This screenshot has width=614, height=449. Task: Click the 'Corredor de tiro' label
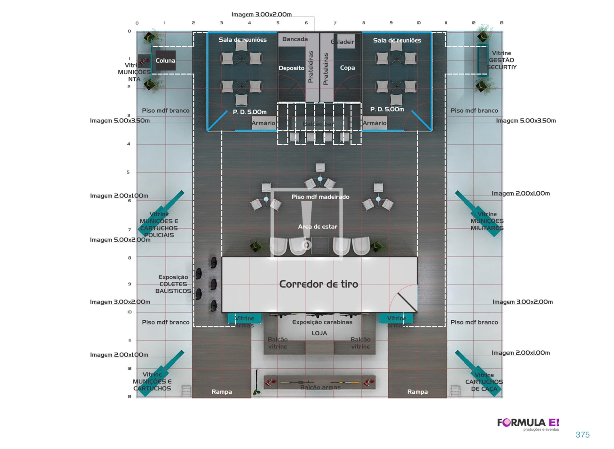319,284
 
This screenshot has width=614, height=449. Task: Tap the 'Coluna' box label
165,60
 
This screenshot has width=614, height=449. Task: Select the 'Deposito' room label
291,68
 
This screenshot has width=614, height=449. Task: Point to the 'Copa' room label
347,68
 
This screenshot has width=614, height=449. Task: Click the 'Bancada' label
295,39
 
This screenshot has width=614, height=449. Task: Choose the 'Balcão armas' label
320,387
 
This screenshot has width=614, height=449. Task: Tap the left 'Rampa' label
222,392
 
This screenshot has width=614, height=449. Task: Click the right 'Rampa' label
417,392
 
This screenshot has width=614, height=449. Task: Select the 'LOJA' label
319,333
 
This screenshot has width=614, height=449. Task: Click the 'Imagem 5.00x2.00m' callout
120,240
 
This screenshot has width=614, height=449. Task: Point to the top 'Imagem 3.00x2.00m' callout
261,14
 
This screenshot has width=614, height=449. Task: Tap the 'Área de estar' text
318,227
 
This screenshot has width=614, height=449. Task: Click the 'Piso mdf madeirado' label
320,197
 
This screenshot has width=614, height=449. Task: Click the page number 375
582,435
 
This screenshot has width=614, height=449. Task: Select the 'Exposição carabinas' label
322,322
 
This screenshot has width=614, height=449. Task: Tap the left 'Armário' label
263,123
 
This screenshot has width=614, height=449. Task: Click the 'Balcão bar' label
319,124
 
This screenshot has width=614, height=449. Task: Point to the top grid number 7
335,23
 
